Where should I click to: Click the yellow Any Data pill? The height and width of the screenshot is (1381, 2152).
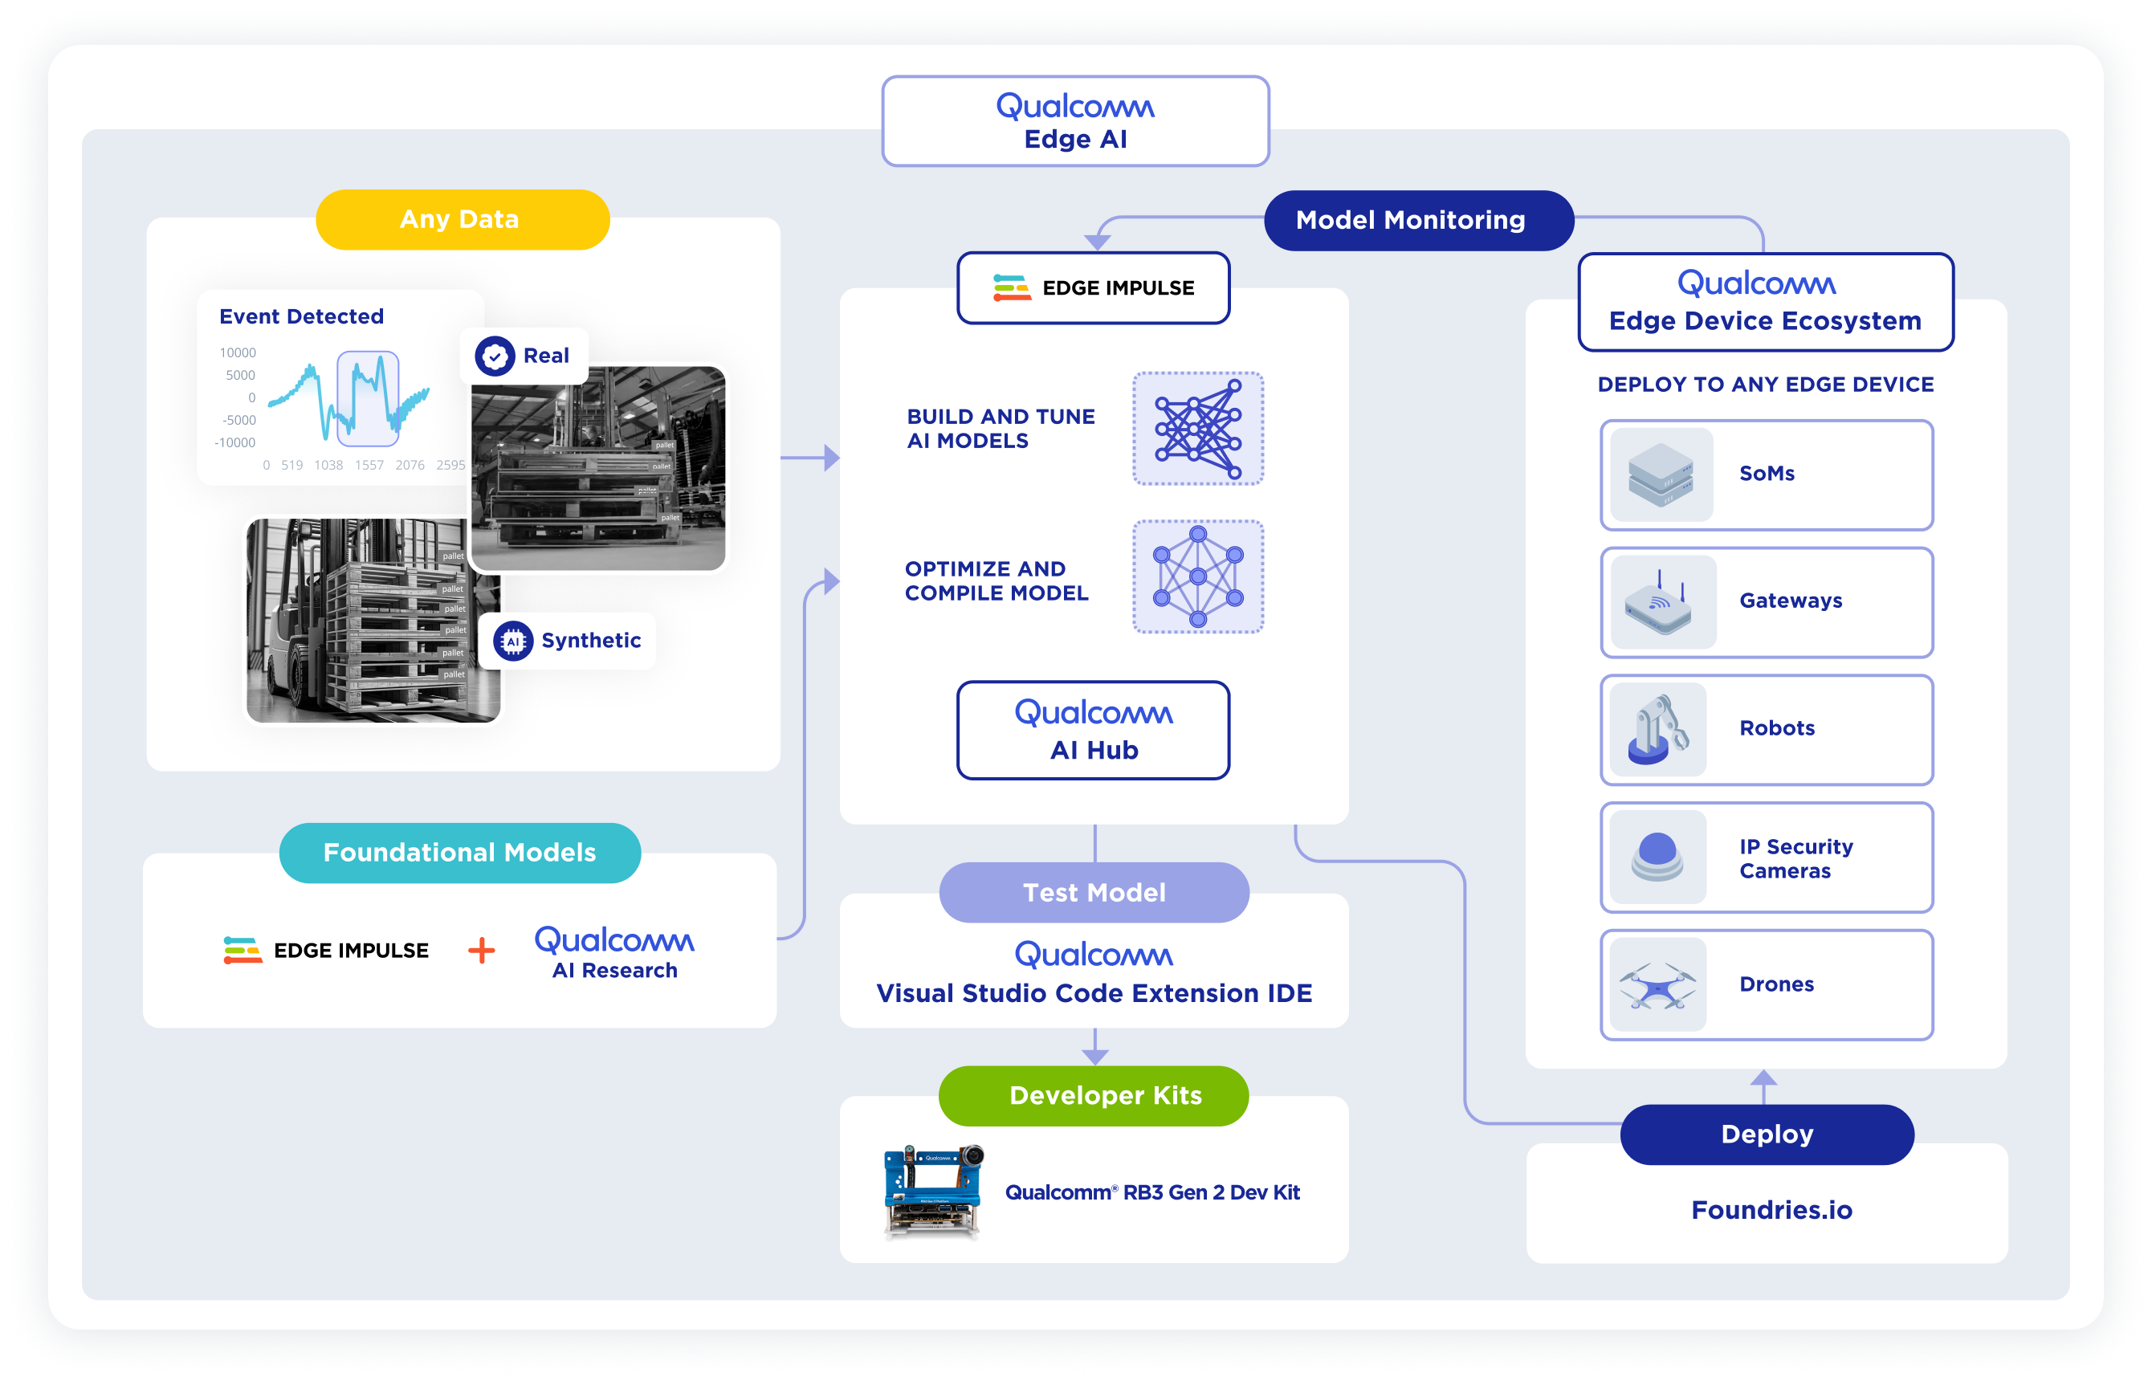tap(462, 220)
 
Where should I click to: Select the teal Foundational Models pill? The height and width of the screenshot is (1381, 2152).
tap(459, 853)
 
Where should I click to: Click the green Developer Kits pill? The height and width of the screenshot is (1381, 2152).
tap(1093, 1096)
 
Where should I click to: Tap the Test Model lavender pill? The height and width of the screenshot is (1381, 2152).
tap(1093, 893)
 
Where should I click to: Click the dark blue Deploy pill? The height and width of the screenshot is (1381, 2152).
tap(1767, 1135)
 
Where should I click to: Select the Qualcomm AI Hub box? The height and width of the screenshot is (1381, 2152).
tap(1093, 731)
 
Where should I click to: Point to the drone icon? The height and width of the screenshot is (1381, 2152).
tap(1657, 984)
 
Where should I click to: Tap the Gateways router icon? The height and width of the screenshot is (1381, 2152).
tap(1659, 603)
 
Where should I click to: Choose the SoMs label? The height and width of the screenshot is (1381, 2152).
tap(1767, 474)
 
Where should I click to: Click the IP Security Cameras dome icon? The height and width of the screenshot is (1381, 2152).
tap(1657, 857)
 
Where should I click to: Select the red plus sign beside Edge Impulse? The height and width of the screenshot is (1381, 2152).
tap(482, 951)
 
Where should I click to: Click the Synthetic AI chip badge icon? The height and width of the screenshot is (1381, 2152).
tap(513, 642)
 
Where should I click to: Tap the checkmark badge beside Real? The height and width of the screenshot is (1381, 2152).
tap(494, 356)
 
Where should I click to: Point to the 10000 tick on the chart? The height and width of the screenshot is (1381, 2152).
tap(238, 353)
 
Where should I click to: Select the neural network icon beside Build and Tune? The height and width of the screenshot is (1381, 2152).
tap(1198, 430)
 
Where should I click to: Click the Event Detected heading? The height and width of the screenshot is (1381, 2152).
tap(301, 316)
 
